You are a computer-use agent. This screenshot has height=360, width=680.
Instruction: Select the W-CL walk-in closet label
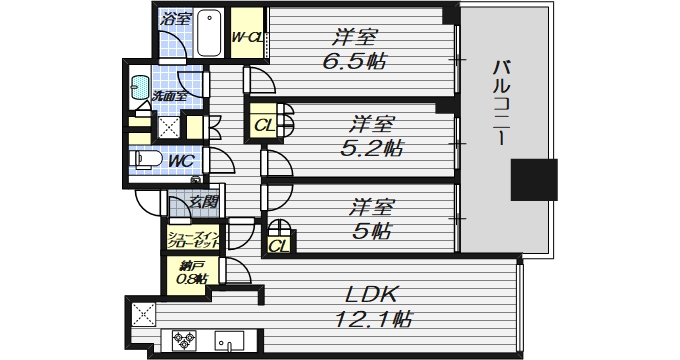pos(246,38)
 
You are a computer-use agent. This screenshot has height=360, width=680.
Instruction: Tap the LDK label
pos(372,295)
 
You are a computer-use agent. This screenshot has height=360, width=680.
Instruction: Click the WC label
pos(180,160)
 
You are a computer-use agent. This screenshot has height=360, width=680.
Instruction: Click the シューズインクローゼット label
pos(195,237)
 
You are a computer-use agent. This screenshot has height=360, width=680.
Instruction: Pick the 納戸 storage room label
pos(191,271)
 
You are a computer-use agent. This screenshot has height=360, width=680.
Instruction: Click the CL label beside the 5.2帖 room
pos(262,126)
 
